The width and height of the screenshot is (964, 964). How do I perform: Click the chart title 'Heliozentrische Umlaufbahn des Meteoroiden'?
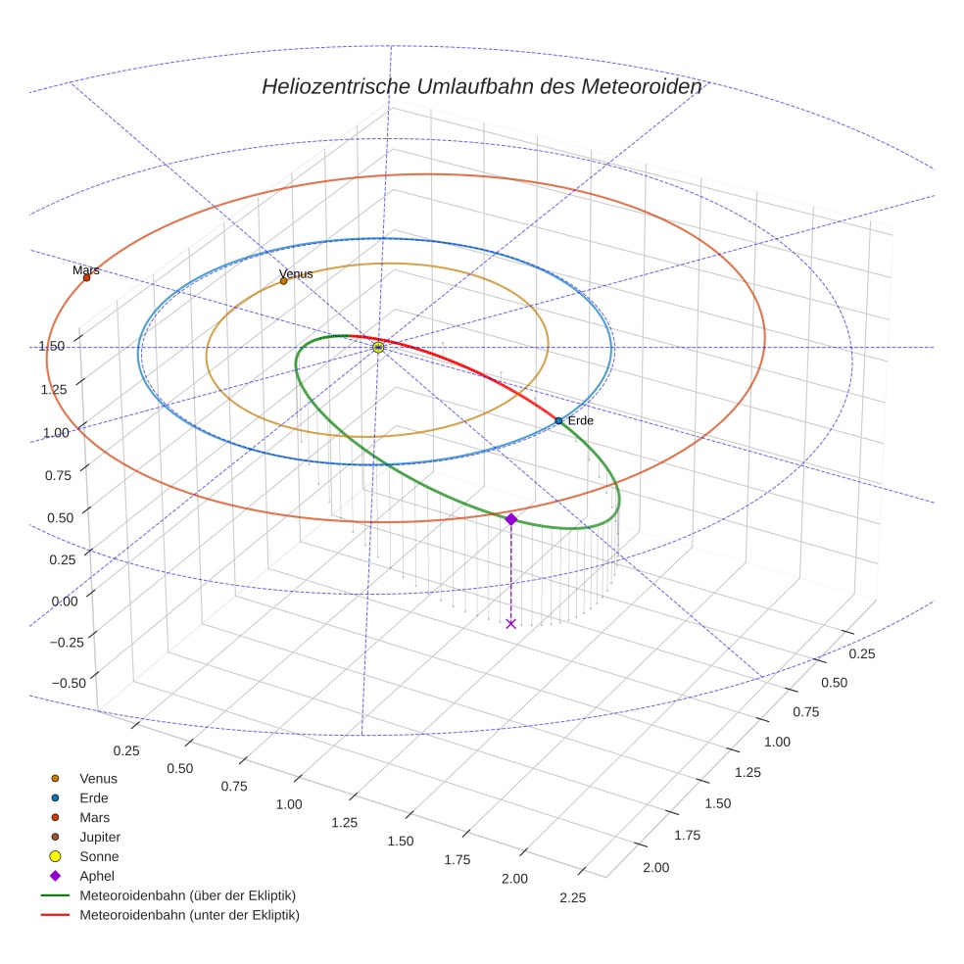click(x=481, y=86)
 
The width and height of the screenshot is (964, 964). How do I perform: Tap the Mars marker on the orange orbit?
click(x=86, y=277)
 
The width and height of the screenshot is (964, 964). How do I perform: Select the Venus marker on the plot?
click(x=284, y=281)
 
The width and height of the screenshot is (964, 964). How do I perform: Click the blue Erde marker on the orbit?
click(x=558, y=420)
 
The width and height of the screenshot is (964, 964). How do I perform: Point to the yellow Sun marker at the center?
click(x=378, y=347)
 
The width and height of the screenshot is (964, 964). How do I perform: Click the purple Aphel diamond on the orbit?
click(x=510, y=519)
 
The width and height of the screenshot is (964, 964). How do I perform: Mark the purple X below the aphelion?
click(x=510, y=623)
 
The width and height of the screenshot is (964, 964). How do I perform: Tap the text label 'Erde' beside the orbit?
click(x=581, y=420)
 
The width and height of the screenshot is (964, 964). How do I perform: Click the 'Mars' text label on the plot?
click(x=86, y=269)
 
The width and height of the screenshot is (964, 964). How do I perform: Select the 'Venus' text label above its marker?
click(x=296, y=273)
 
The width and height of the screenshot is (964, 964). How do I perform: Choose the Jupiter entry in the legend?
click(x=100, y=837)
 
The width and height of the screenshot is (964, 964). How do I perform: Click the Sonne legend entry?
click(x=99, y=856)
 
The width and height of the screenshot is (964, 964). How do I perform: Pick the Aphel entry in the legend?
click(x=98, y=876)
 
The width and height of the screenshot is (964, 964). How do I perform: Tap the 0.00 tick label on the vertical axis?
click(x=50, y=601)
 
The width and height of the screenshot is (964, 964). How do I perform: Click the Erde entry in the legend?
click(x=94, y=797)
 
